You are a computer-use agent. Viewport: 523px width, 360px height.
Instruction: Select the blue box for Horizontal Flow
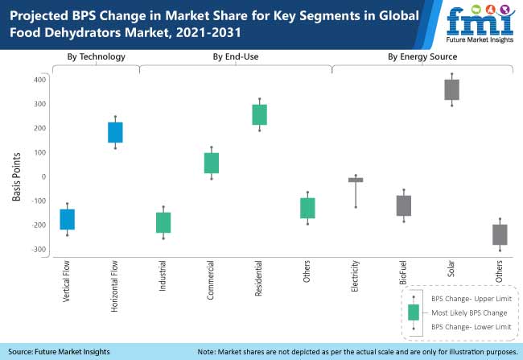[x=115, y=132]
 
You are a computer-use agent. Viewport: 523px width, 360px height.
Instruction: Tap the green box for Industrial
[x=163, y=222]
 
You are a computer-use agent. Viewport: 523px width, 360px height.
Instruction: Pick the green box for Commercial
[x=212, y=163]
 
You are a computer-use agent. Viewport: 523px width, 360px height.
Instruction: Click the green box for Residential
[x=259, y=114]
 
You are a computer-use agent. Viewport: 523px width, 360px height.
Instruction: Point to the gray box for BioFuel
[x=403, y=205]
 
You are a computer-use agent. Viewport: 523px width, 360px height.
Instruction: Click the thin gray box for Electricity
[x=355, y=180]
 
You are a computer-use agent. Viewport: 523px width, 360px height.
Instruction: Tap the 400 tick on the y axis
[x=38, y=80]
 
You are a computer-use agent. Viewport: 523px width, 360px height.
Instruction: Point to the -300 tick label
[x=36, y=249]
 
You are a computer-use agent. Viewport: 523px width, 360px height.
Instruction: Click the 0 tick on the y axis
[x=42, y=176]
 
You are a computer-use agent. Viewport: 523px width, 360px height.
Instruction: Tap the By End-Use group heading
[x=236, y=56]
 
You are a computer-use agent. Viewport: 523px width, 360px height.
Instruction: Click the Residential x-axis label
[x=260, y=278]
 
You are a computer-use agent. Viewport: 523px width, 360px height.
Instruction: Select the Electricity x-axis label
[x=356, y=277]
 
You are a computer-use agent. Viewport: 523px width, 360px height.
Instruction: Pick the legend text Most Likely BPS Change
[x=469, y=312]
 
